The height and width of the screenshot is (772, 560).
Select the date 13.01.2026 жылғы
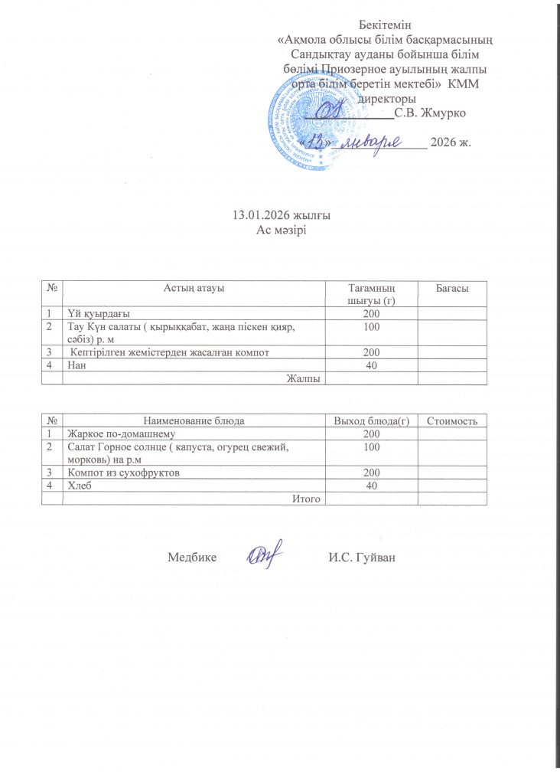pyautogui.click(x=280, y=215)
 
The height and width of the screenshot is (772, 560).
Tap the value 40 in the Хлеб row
pyautogui.click(x=372, y=486)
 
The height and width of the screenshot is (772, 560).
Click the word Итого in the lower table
pyautogui.click(x=306, y=499)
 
